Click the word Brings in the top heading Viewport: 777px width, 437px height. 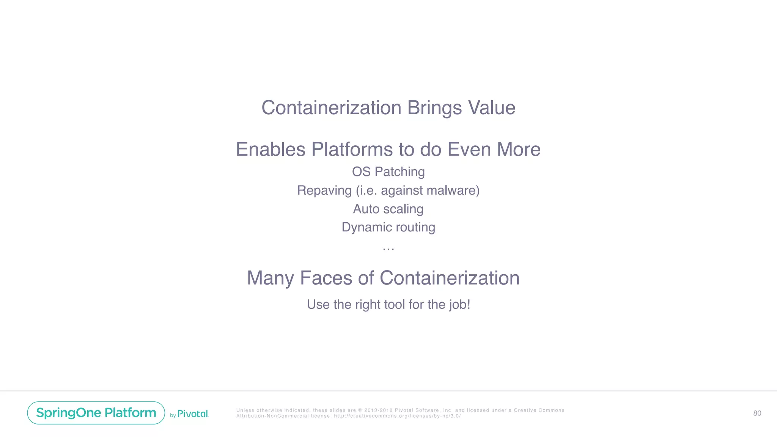(434, 108)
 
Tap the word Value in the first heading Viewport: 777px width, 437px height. (492, 108)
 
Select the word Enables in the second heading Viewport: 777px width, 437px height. (271, 149)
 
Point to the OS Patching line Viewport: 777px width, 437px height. (388, 172)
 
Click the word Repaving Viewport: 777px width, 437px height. (324, 190)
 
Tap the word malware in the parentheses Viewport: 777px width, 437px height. (451, 190)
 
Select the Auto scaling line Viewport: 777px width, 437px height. (388, 209)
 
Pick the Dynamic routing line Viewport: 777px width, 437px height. (388, 227)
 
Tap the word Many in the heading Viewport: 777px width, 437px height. (270, 278)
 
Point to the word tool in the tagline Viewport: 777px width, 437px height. (395, 305)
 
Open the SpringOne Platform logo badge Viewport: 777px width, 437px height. (96, 413)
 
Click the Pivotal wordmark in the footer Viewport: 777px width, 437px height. (193, 414)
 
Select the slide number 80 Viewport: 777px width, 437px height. (757, 413)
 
